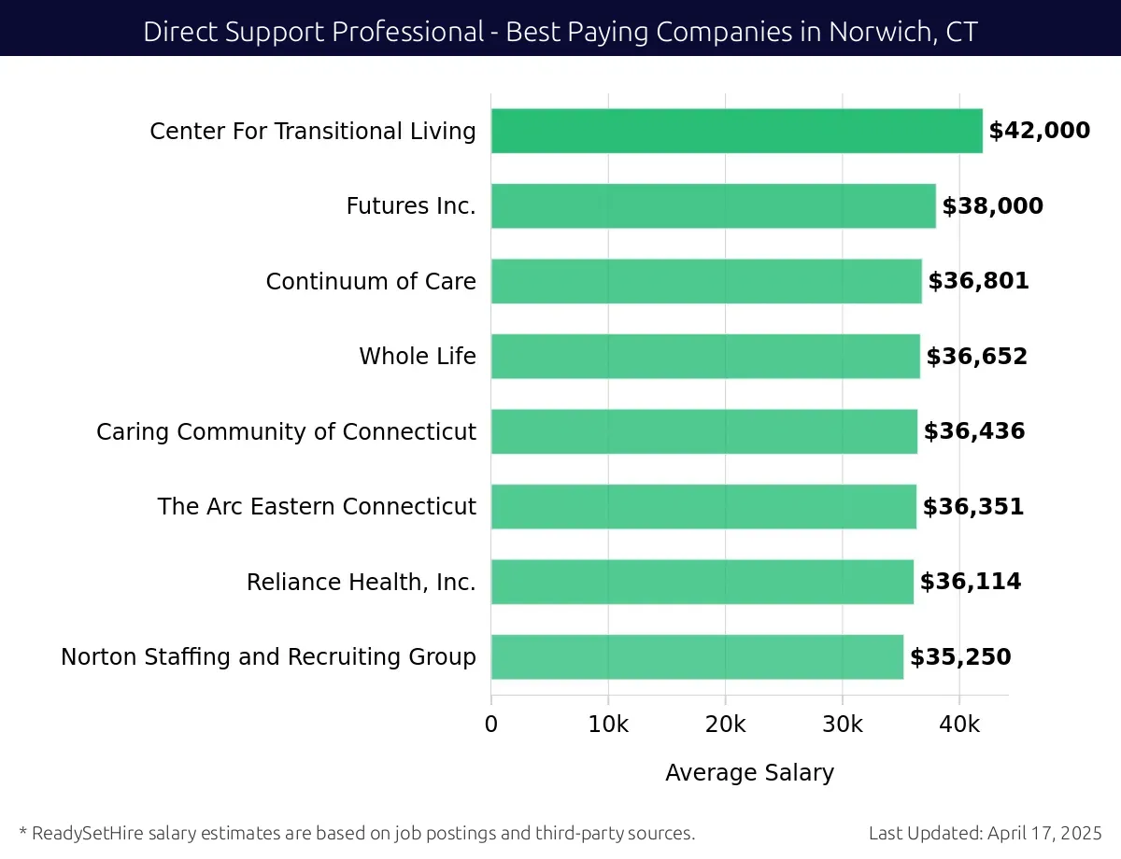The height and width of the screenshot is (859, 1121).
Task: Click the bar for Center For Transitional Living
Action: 736,131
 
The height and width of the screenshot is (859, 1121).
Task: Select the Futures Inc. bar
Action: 713,206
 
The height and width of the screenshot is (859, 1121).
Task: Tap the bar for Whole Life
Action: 705,357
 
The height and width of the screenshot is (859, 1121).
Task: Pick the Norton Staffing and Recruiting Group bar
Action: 697,657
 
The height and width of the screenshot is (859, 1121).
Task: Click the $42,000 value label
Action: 1039,131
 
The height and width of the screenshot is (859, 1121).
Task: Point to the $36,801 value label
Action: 978,281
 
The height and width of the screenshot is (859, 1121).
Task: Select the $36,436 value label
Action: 974,431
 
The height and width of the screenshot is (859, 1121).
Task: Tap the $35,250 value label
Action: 960,657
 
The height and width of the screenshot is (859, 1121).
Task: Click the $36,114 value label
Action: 971,582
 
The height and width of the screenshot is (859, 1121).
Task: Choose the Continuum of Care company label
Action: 371,281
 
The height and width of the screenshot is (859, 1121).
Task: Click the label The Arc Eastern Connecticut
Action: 317,507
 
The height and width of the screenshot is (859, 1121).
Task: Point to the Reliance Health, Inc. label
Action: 361,583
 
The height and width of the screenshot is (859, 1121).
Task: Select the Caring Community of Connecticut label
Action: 286,432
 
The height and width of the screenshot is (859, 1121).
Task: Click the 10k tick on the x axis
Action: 608,725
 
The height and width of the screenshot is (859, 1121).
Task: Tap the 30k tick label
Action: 843,725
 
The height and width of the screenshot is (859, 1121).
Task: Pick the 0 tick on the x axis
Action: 491,725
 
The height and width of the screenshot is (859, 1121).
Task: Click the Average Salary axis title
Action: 749,773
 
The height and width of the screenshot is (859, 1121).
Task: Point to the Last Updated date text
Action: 986,833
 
